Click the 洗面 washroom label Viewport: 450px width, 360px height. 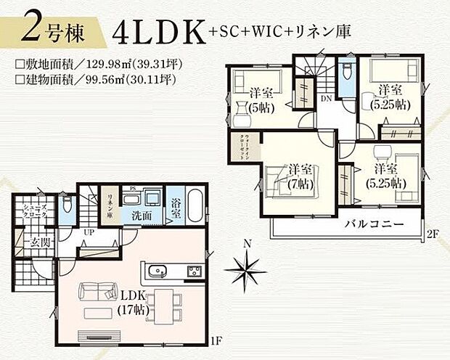[142, 216]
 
